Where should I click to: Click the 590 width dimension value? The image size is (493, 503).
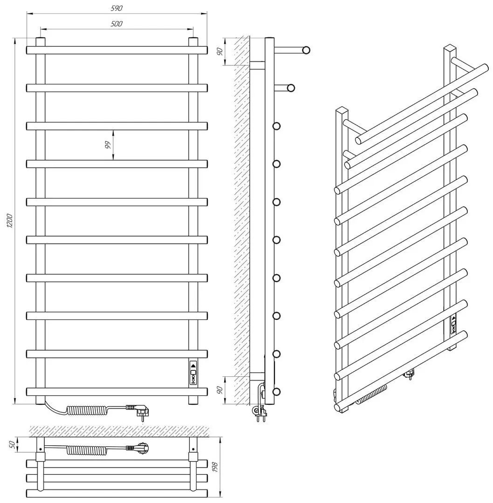click(116, 8)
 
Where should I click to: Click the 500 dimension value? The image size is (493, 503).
click(116, 24)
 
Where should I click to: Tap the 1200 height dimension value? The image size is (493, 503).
click(10, 220)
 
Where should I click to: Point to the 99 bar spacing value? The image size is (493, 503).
click(108, 145)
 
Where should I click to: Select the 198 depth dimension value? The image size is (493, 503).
click(215, 467)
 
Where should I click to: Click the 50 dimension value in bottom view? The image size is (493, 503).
click(12, 444)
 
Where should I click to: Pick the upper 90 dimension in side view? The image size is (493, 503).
click(219, 51)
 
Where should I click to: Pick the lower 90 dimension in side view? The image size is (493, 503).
click(219, 390)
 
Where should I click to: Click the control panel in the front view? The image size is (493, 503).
click(193, 373)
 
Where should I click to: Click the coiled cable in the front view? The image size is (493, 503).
click(87, 410)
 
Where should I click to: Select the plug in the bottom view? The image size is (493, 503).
click(139, 448)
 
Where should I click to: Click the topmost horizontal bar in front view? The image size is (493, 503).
click(117, 50)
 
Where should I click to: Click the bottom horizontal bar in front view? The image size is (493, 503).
click(117, 392)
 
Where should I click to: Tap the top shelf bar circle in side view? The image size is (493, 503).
click(306, 50)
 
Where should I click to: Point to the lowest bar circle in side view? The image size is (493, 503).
click(276, 392)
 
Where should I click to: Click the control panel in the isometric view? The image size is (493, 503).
click(453, 325)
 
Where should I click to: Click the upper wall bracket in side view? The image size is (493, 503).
click(257, 65)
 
